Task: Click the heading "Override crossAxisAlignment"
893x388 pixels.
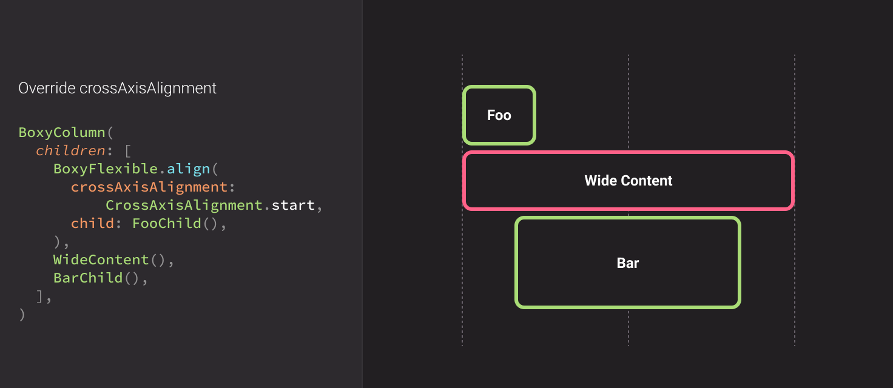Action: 117,89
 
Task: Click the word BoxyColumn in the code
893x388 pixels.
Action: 62,132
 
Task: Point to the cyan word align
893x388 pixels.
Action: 189,169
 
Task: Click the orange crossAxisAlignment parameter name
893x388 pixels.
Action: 149,187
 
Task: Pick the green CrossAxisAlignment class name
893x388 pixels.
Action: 184,205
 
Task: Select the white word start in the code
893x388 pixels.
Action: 293,205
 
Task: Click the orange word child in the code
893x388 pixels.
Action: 92,223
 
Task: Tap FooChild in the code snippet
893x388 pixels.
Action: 166,223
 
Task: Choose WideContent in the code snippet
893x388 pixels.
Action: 101,259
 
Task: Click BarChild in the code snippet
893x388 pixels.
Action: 87,278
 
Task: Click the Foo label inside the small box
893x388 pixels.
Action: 499,115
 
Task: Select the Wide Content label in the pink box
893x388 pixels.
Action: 628,181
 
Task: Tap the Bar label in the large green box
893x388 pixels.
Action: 628,263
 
